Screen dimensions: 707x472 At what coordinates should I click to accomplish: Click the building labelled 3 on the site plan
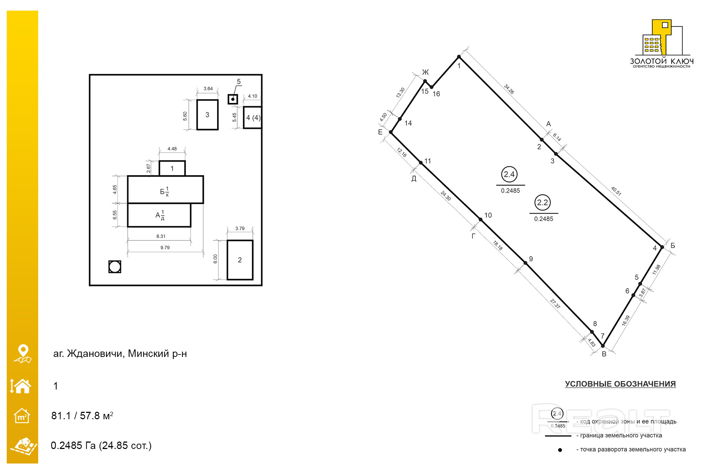point(207,115)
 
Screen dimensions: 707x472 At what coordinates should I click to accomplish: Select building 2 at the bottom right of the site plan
point(240,260)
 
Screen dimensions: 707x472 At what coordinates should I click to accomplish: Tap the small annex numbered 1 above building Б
point(172,168)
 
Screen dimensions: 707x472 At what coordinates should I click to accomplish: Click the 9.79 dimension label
point(165,248)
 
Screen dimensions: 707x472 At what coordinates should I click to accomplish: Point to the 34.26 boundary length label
point(509,89)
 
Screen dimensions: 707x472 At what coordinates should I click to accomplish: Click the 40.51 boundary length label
point(616,191)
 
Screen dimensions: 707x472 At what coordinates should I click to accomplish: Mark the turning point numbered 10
point(480,220)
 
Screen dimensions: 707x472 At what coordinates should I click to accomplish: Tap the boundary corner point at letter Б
point(662,247)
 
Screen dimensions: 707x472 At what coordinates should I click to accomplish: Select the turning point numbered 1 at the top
point(459,57)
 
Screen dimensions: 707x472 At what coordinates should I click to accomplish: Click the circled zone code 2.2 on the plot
point(542,203)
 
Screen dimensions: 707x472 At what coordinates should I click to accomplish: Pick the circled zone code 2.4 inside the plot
point(509,174)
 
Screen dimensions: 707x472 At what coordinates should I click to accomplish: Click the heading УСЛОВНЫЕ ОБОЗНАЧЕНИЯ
point(620,384)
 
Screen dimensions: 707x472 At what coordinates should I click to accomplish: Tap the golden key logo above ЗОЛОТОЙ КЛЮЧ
point(661,37)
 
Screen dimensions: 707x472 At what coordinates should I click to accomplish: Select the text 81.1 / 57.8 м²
point(82,415)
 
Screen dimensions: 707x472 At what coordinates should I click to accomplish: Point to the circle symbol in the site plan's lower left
point(115,267)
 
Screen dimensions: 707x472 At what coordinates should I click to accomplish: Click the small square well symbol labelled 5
point(233,99)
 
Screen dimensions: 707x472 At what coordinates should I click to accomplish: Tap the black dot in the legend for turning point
point(560,450)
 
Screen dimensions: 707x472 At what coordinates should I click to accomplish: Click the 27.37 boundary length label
point(555,303)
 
